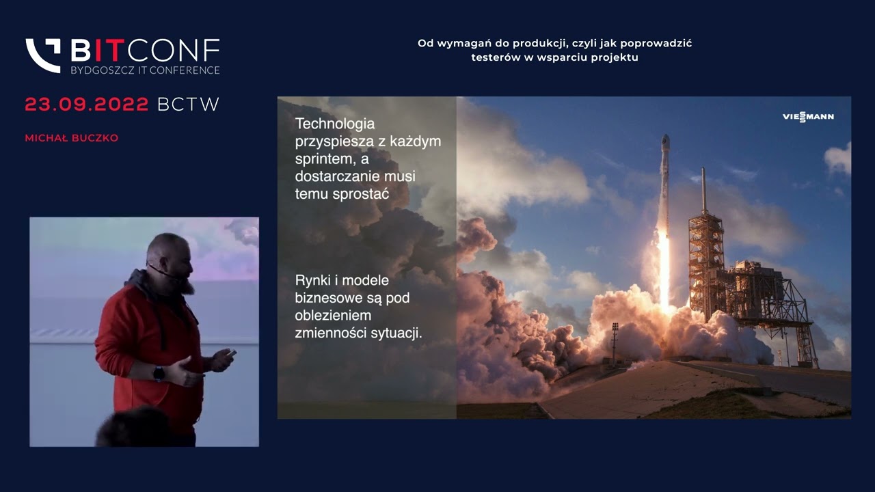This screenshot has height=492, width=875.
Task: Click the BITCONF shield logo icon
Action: pos(43,55)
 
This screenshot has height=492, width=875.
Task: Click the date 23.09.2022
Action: pos(87,105)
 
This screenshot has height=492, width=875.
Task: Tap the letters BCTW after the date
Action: pos(188,105)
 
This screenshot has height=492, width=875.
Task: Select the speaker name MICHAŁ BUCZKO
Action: pos(72,138)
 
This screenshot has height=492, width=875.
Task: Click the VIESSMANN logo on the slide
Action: pos(808,117)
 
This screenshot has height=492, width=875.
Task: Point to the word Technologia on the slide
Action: pos(335,124)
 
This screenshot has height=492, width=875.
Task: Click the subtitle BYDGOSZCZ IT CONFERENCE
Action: pos(145,70)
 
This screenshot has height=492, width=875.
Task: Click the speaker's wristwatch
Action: pos(159,374)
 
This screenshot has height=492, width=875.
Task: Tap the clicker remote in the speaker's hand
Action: pos(231,353)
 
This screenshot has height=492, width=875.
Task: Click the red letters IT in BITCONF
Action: pos(107,50)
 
